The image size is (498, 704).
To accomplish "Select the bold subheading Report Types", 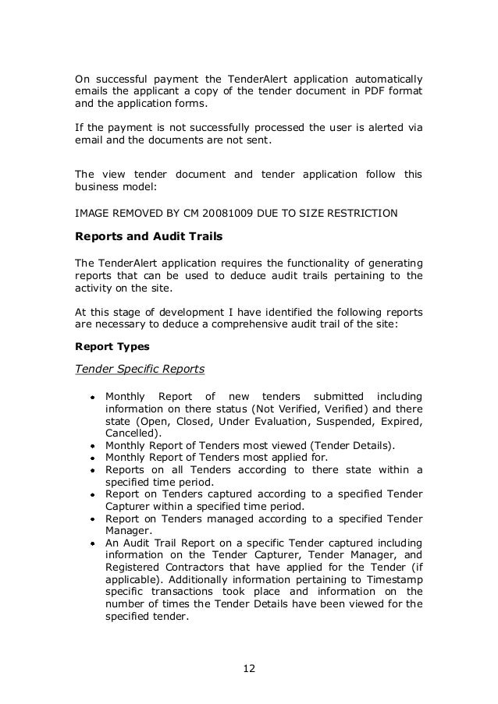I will [x=108, y=344].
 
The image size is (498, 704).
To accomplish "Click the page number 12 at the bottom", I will [x=248, y=669].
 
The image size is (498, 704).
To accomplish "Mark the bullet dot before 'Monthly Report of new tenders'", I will [x=92, y=398].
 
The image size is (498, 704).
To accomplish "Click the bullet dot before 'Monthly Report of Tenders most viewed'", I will [x=92, y=446].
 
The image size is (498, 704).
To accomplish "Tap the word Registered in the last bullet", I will [x=133, y=567].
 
